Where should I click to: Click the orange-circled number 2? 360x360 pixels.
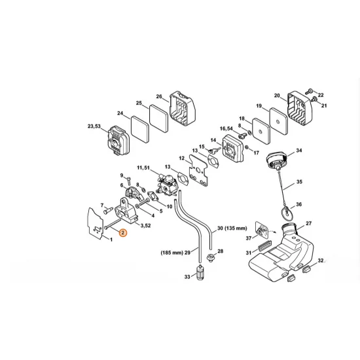(123, 232)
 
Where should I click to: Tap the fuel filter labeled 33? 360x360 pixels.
(202, 272)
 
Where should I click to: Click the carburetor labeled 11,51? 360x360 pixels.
(167, 185)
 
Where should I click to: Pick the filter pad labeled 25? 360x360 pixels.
(159, 118)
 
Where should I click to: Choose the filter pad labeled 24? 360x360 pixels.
(140, 128)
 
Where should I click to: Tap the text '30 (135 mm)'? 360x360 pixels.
(232, 228)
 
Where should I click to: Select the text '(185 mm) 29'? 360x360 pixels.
(175, 253)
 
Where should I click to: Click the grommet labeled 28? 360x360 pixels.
(210, 257)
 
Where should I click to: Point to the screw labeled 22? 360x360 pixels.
(310, 92)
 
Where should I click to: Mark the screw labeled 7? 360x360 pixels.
(108, 210)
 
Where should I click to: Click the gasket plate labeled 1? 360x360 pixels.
(96, 223)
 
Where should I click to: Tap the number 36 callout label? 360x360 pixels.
(298, 204)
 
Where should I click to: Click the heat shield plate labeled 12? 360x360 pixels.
(198, 171)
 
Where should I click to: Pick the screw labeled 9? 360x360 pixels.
(129, 180)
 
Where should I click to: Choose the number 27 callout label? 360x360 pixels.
(309, 223)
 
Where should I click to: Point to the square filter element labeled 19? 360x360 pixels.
(279, 122)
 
